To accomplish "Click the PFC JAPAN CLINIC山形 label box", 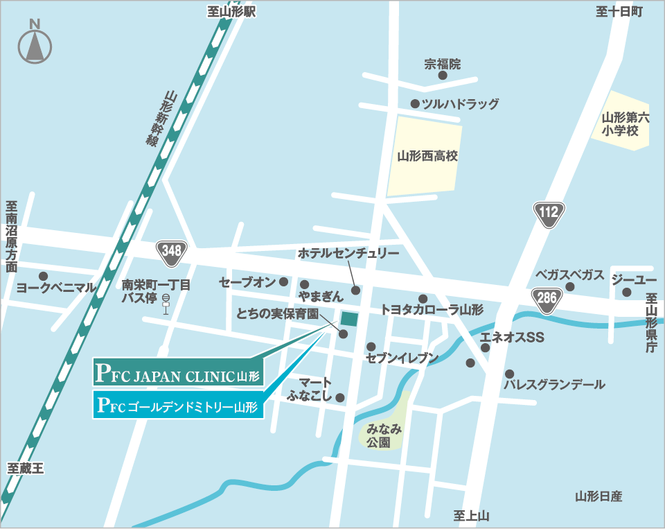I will (x=179, y=372).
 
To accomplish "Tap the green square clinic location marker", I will (x=349, y=319).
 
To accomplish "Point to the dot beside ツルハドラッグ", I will (x=414, y=104).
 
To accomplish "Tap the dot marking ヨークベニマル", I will (x=43, y=275).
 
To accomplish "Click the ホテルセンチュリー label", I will (x=348, y=254).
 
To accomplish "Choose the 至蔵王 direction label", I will (x=26, y=468).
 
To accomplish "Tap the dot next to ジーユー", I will (x=626, y=292).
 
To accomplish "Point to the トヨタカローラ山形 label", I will (x=432, y=310).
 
